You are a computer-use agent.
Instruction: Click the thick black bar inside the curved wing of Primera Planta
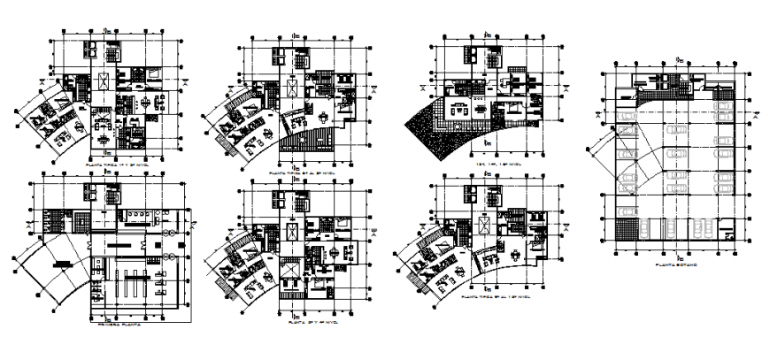click(60, 263)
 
